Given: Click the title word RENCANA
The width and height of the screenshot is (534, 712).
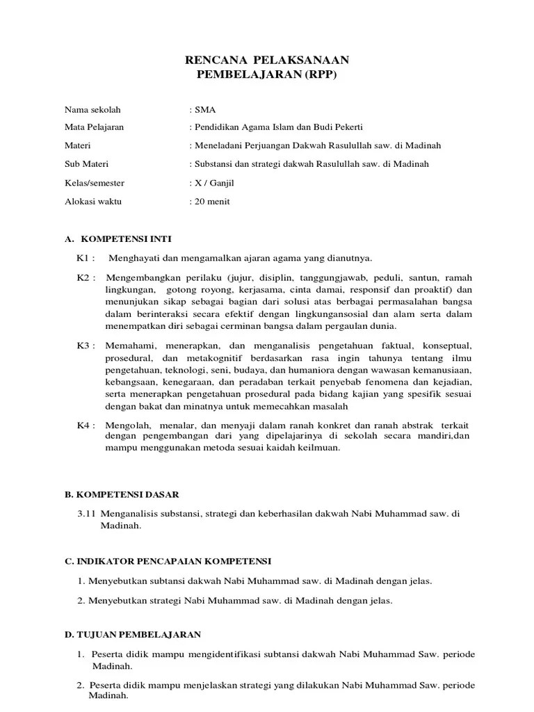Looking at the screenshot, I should (212, 60).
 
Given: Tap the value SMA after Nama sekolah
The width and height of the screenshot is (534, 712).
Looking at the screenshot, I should (206, 110).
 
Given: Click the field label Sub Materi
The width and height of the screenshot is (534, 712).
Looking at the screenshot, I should (86, 165).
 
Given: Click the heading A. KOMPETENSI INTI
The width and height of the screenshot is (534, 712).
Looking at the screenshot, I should (111, 238).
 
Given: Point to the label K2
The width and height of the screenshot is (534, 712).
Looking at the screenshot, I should (84, 277).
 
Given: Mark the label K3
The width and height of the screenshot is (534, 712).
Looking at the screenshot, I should (84, 346).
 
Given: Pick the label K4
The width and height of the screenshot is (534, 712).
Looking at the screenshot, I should (84, 425).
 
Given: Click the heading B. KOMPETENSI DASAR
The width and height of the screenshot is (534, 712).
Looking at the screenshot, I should (122, 494).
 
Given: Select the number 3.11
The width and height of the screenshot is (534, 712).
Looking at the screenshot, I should (88, 513).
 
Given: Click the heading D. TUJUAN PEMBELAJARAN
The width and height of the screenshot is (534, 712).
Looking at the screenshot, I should (132, 635).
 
